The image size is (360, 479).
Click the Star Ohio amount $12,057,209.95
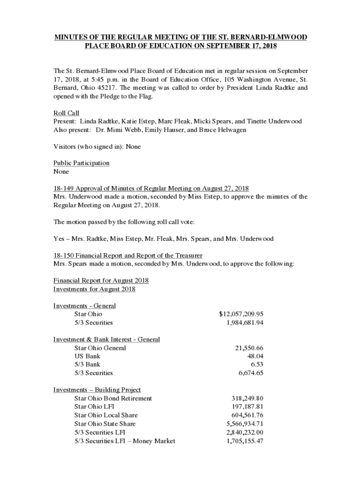pos(241,314)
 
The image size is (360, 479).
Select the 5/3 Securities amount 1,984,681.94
pos(245,322)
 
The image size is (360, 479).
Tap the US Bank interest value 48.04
pos(255,356)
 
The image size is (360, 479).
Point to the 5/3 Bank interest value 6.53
pos(257,364)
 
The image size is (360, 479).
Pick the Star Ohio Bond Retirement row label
pos(113,398)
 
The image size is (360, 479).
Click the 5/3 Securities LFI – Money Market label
pos(124,441)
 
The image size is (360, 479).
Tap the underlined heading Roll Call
pos(66,113)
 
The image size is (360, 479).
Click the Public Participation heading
pos(81,163)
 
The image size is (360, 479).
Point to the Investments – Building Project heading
pos(97,390)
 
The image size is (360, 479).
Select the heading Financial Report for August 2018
pos(101,280)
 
